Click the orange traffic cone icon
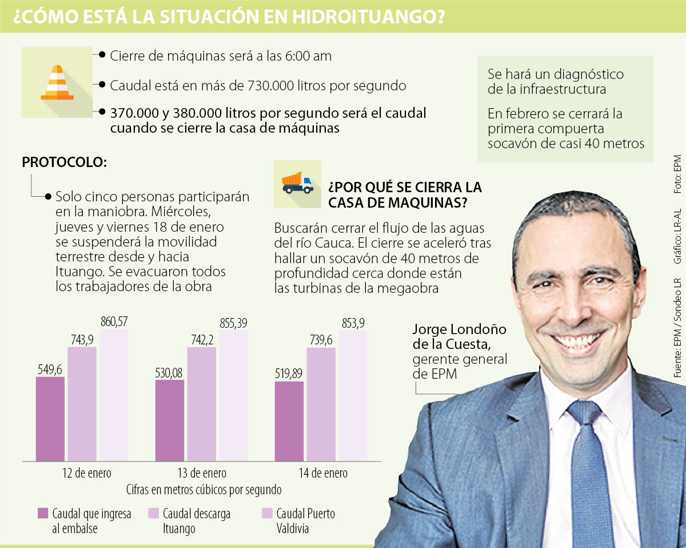[x=57, y=84]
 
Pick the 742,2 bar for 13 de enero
[x=201, y=403]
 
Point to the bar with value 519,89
[x=289, y=420]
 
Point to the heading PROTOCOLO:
[x=64, y=162]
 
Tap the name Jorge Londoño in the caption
[x=452, y=329]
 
